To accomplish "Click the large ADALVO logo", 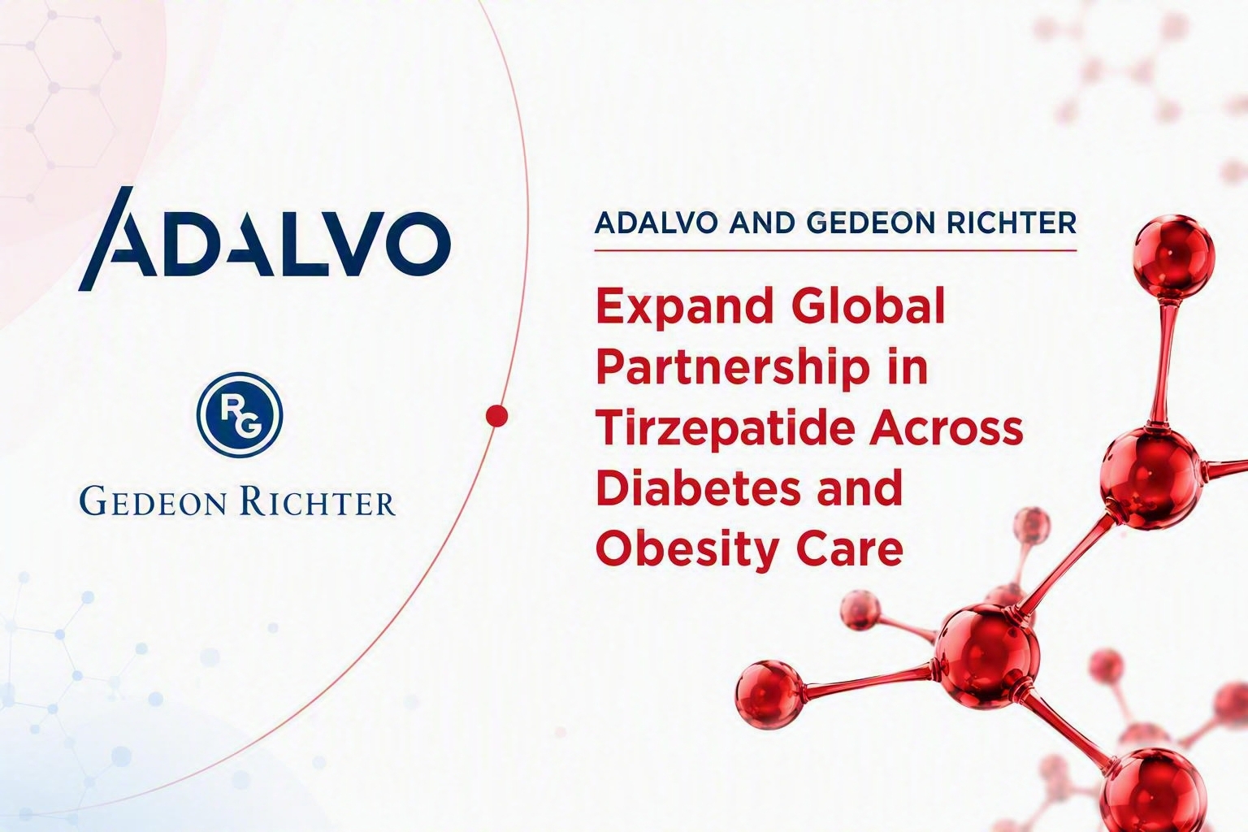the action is click(264, 239).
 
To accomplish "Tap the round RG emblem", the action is click(240, 414).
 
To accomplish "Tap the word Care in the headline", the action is click(854, 546).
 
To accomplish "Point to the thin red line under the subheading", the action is click(836, 251).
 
